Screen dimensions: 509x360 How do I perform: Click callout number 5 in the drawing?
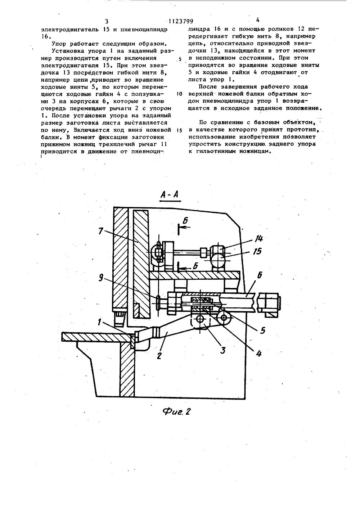263,329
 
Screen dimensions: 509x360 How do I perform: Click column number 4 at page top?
257,20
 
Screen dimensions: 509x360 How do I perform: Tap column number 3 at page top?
107,22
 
